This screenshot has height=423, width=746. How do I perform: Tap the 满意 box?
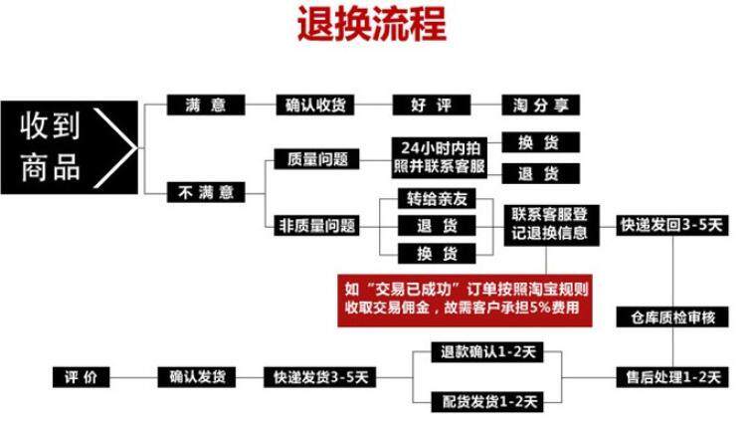(x=205, y=105)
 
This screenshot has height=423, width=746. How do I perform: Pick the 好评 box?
(x=426, y=105)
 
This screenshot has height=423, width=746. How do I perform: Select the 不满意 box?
(x=205, y=189)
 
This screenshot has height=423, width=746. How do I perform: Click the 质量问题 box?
(x=315, y=157)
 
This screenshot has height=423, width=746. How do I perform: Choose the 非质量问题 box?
(x=315, y=225)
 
